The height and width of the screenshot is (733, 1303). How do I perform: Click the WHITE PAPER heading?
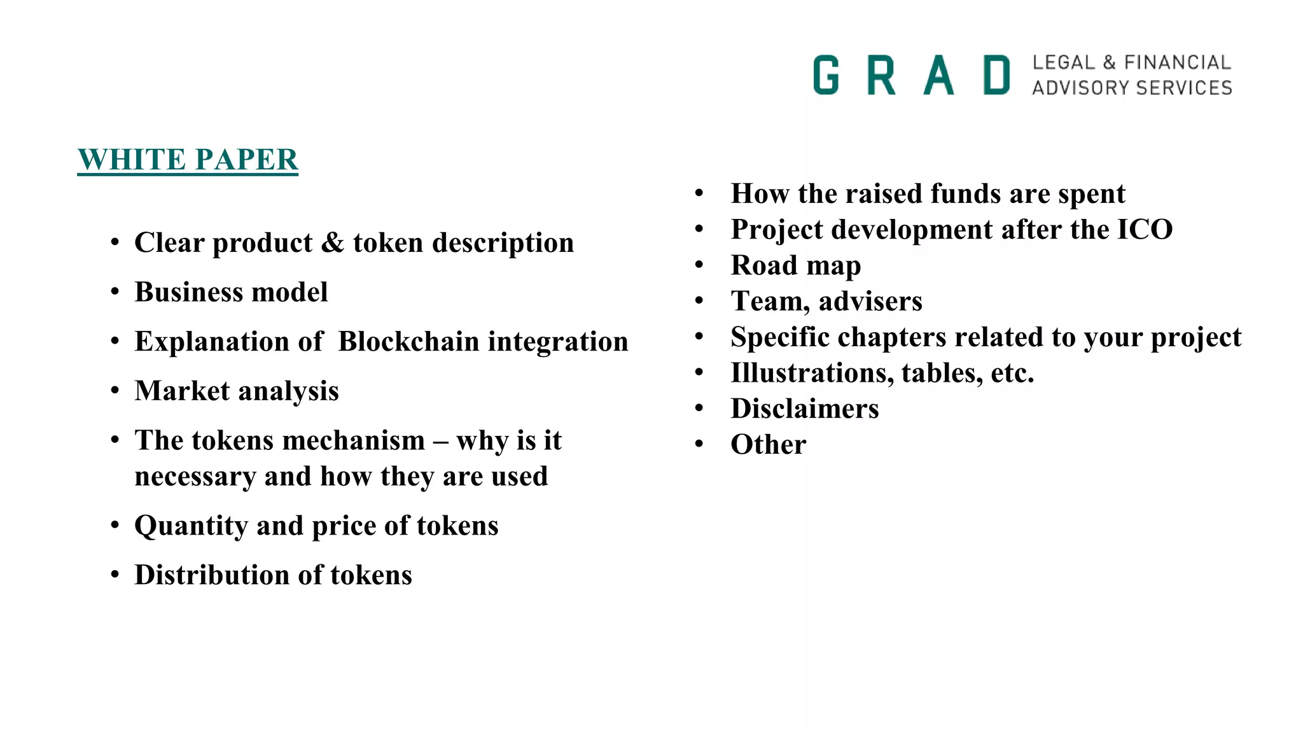coord(188,160)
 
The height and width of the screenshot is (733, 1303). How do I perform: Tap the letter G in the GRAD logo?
coord(826,75)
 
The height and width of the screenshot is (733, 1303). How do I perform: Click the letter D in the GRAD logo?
coord(996,75)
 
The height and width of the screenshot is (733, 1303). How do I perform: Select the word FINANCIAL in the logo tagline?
coord(1177,62)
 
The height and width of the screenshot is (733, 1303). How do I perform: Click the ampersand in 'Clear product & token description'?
coord(332,243)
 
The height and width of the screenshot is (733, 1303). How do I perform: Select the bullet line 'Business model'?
coord(231,293)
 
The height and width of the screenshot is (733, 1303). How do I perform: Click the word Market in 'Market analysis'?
coord(182,391)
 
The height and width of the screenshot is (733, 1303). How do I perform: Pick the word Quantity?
coord(191,526)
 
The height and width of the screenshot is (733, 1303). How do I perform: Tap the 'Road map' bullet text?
coord(795,266)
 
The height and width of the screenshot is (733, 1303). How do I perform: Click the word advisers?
coord(870,302)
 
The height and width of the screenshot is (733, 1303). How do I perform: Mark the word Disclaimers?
coord(804,408)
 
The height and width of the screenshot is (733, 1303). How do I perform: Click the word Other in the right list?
coord(768,445)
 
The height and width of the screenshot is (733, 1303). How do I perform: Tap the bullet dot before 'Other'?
coord(699,444)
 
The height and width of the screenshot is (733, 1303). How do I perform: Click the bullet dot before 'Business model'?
coord(115,292)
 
